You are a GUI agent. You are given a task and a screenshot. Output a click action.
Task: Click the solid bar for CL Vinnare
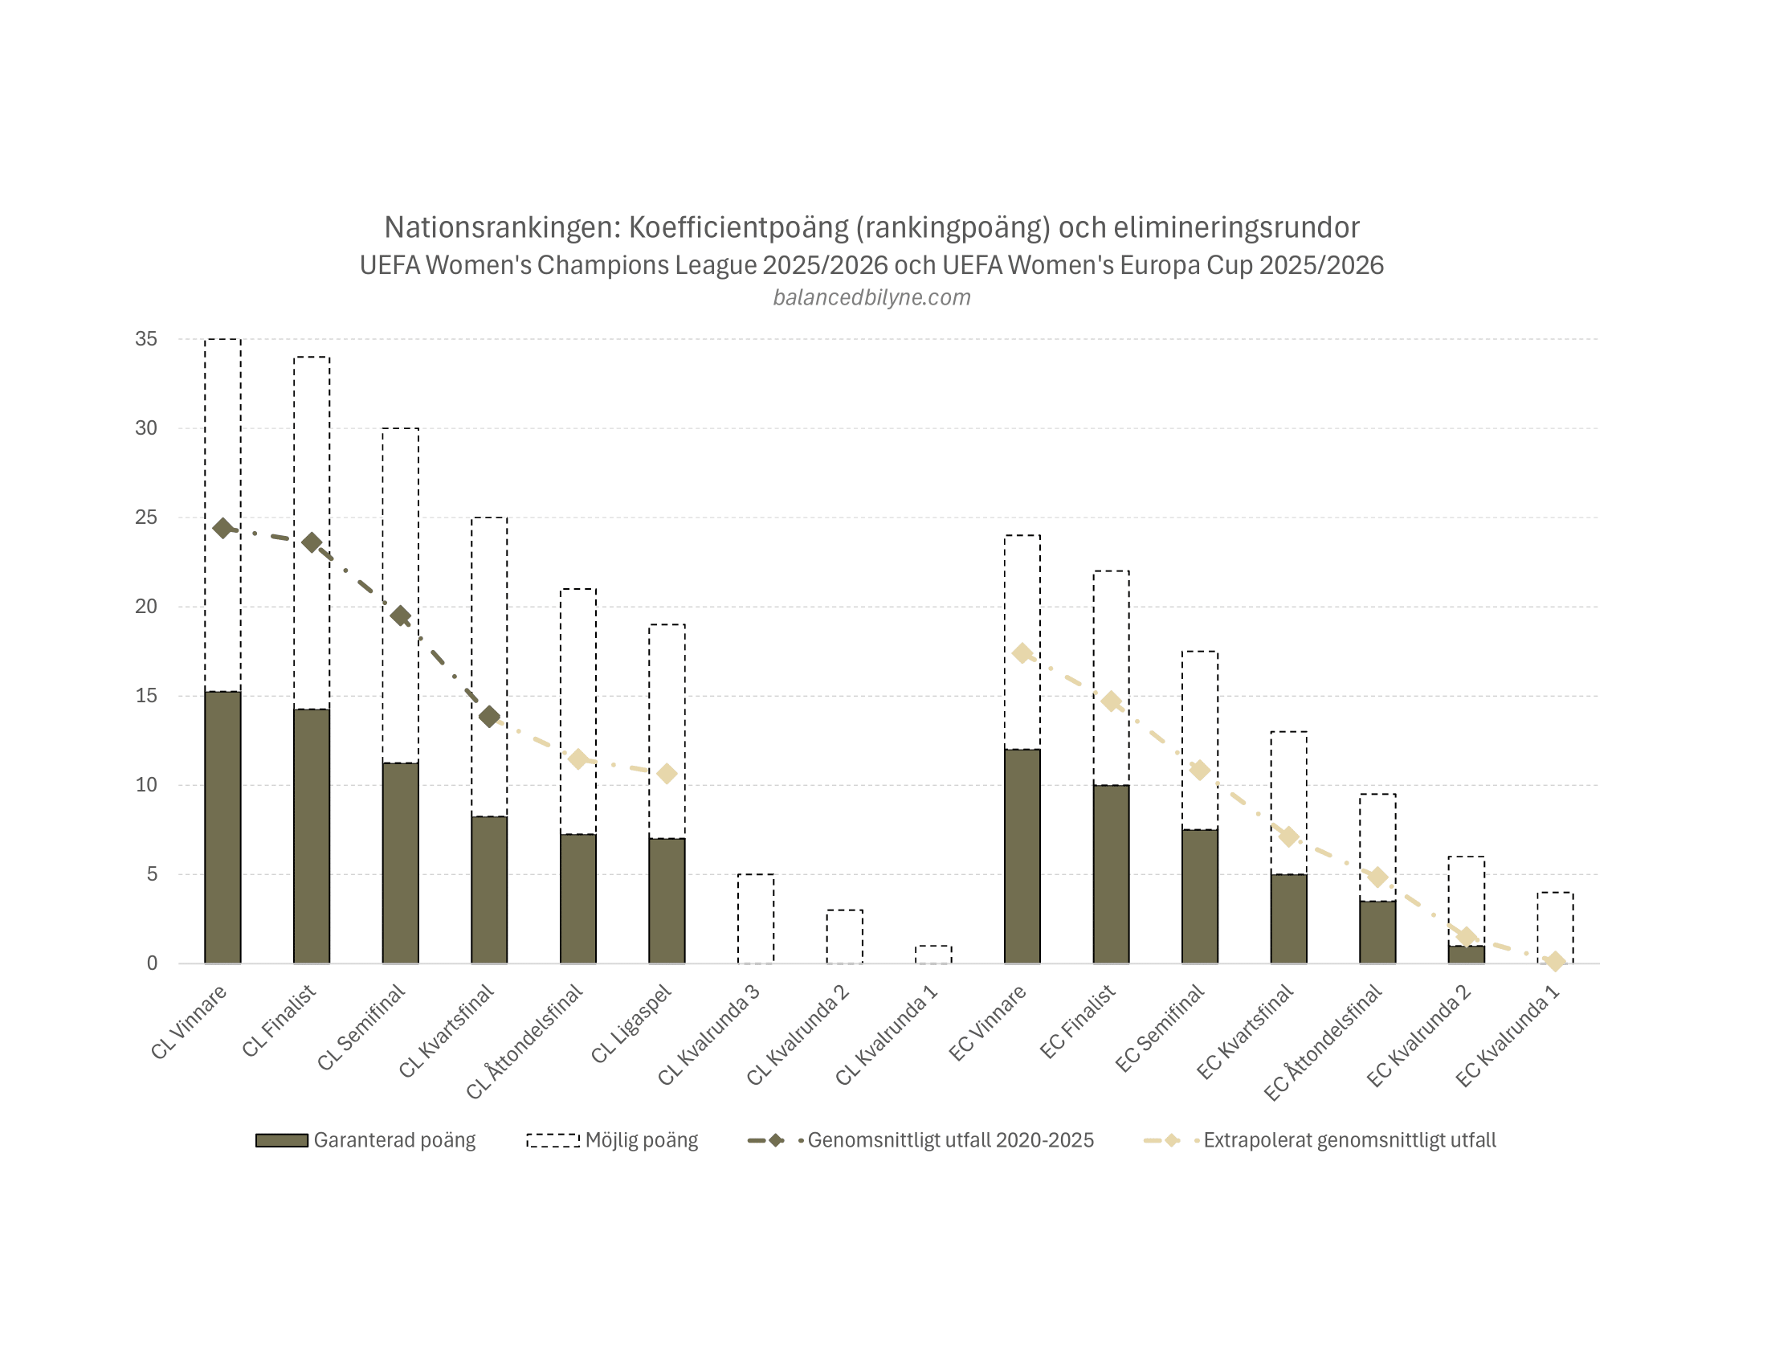click(x=222, y=827)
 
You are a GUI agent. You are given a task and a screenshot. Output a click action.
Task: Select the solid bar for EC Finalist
click(x=1111, y=874)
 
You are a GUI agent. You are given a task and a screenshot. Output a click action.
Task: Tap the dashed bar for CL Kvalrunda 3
click(x=755, y=918)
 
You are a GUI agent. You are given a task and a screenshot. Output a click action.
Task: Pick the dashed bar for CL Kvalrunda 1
click(x=932, y=955)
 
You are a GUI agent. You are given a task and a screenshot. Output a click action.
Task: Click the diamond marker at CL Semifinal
click(x=401, y=616)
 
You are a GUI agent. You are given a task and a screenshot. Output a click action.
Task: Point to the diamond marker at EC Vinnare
click(x=1022, y=653)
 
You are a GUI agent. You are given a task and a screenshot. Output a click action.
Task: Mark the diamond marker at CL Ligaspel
click(x=667, y=775)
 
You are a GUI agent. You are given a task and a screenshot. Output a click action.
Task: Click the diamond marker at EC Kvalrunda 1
click(x=1555, y=961)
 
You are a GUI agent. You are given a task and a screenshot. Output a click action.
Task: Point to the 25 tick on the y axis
click(x=146, y=517)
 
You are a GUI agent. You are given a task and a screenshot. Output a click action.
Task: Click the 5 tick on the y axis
click(x=151, y=874)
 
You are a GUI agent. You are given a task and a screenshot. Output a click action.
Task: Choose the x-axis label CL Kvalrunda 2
click(x=798, y=1037)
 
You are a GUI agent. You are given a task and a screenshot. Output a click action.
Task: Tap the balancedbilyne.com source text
click(x=871, y=298)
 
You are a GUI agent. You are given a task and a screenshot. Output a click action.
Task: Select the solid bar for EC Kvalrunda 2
click(x=1466, y=955)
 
